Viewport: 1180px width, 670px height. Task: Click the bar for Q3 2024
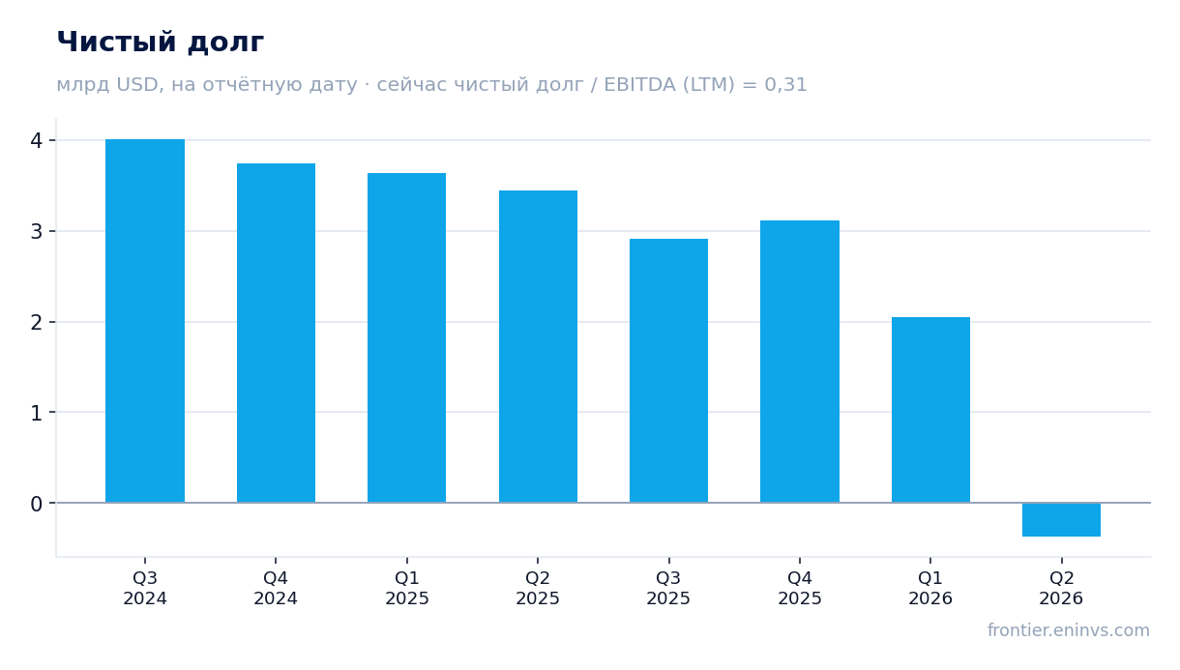coord(145,321)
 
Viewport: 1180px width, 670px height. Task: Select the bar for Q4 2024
coord(276,333)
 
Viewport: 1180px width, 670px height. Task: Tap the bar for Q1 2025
coord(406,337)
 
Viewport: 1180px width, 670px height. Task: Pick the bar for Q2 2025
coord(538,346)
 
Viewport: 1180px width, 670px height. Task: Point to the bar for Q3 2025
coord(668,371)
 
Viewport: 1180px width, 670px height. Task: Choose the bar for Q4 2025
coord(800,362)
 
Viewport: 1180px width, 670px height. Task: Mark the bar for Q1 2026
coord(930,410)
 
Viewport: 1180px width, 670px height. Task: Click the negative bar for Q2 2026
coord(1061,520)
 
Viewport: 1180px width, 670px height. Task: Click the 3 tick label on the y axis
coord(37,231)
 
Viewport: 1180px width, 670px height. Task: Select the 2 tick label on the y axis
coord(37,322)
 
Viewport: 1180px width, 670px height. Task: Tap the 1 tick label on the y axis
coord(37,413)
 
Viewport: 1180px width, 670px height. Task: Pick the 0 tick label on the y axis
coord(37,504)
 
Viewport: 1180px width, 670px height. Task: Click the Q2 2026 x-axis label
coord(1061,589)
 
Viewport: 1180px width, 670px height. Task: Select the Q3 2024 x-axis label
coord(145,589)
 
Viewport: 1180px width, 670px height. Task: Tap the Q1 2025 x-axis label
coord(406,589)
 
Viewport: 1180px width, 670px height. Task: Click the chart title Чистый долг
coord(161,43)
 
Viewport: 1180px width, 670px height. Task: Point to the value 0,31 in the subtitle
coord(785,85)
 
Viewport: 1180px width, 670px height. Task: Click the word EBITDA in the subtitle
coord(639,84)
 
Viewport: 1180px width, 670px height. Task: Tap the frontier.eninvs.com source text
coord(1069,630)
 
